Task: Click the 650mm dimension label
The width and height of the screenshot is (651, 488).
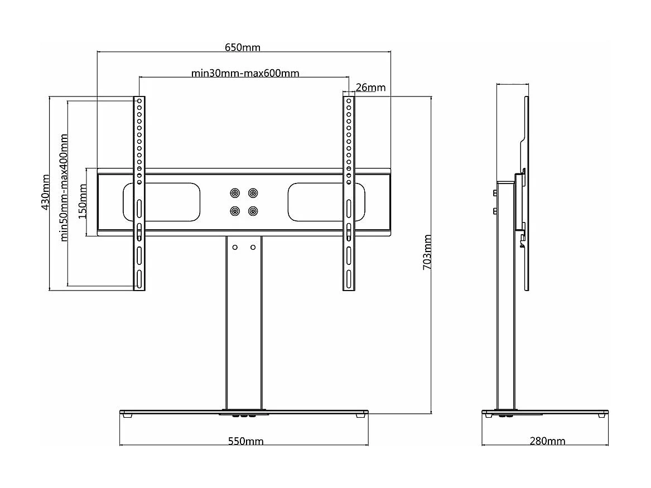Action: [242, 47]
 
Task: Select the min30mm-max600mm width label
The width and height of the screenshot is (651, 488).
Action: [245, 74]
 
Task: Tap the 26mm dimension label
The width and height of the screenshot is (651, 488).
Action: [370, 88]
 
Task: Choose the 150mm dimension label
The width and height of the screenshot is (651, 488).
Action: [83, 202]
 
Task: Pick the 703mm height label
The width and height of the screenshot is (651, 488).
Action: [427, 252]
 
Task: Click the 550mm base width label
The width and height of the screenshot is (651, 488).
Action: [245, 441]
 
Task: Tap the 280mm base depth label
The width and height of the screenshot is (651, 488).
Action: [547, 441]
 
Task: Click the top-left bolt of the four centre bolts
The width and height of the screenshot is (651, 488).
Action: [235, 193]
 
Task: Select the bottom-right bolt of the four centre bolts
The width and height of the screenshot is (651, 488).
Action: [253, 211]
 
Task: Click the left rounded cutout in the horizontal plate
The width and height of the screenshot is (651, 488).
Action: [161, 202]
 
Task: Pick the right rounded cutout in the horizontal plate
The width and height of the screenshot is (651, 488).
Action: [326, 202]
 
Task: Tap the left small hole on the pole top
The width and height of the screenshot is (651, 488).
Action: [235, 247]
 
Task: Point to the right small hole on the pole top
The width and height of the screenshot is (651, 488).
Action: [253, 247]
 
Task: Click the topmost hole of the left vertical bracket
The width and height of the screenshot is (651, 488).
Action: [139, 102]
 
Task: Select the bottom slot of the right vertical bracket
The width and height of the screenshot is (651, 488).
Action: [348, 278]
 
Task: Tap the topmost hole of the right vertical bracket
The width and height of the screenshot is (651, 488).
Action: [349, 102]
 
